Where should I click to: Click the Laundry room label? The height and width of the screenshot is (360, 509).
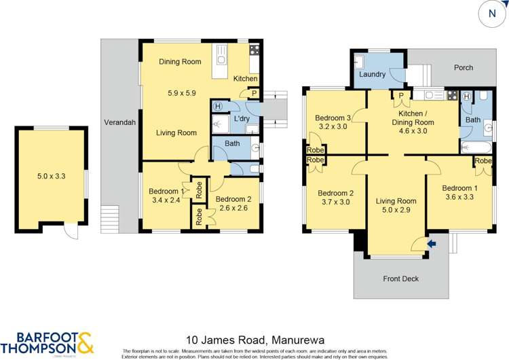[373, 75]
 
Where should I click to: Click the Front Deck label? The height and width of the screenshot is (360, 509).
[401, 278]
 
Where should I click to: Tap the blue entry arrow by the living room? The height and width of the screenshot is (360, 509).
[432, 242]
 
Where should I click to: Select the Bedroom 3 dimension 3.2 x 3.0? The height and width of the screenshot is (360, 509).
[332, 126]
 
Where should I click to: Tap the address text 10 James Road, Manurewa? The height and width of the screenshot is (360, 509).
[255, 338]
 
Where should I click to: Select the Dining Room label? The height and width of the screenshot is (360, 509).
[180, 62]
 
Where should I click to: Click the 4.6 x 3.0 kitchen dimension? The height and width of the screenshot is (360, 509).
[412, 131]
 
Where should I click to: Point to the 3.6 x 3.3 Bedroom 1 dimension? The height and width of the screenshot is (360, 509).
[458, 197]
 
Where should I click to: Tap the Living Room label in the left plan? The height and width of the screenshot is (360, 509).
[176, 133]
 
